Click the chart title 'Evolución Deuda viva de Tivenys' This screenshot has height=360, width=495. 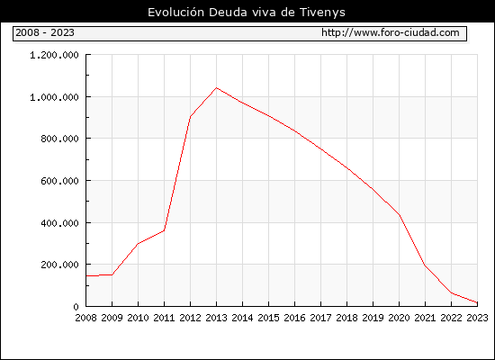[x=247, y=13]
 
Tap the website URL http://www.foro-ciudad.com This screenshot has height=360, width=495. [x=391, y=32]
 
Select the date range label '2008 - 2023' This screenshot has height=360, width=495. [x=45, y=32]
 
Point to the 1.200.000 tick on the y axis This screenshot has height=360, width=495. [x=54, y=55]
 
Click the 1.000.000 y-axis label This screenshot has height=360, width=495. [x=54, y=97]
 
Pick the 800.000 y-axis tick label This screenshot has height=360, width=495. [x=59, y=139]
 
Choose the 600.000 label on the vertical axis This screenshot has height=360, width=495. [x=59, y=181]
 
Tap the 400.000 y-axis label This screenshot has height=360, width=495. [x=59, y=223]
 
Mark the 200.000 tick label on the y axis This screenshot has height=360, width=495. [x=59, y=265]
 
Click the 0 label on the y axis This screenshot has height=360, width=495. [x=76, y=307]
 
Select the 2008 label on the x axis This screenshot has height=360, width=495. [x=85, y=318]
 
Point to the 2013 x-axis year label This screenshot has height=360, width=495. [x=216, y=318]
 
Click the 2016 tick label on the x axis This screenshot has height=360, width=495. [x=294, y=318]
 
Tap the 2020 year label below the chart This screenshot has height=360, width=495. [x=399, y=318]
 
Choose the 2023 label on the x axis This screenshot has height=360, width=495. [x=477, y=318]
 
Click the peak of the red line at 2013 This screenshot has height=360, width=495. [x=216, y=87]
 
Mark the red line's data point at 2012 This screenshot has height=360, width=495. [x=191, y=116]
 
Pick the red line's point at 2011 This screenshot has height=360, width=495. [x=164, y=230]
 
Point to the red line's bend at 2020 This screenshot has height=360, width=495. [x=400, y=215]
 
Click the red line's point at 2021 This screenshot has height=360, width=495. [x=425, y=265]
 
